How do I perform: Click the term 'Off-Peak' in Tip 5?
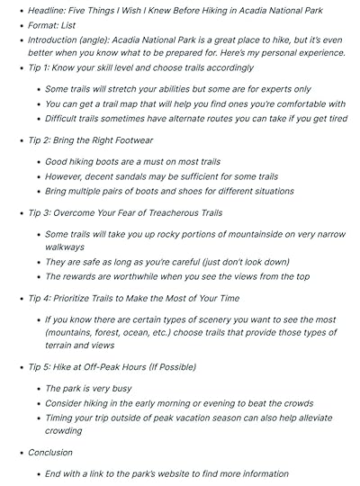tap(107, 367)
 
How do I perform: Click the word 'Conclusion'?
tap(50, 453)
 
